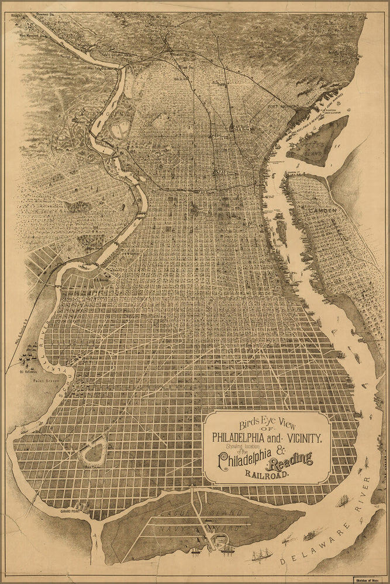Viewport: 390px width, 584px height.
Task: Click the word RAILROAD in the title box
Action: [267, 475]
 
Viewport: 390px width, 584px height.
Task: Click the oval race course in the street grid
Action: [93, 451]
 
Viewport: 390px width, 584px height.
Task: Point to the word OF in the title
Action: [267, 427]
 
